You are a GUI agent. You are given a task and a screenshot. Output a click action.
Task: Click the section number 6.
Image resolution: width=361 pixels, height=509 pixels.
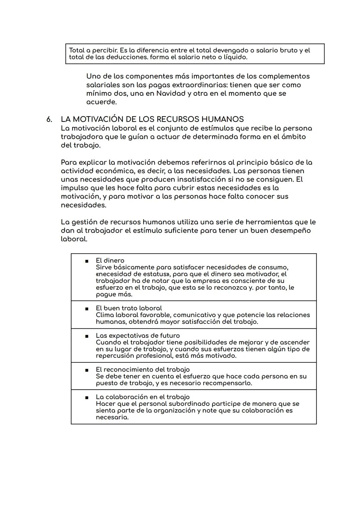(x=49, y=119)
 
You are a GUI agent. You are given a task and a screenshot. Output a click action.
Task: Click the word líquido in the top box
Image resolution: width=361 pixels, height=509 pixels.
(x=235, y=57)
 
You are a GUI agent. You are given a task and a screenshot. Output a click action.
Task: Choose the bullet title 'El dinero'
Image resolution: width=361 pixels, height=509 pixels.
(x=110, y=261)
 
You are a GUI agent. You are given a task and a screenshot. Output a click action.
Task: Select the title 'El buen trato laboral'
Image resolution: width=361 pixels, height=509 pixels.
(x=129, y=308)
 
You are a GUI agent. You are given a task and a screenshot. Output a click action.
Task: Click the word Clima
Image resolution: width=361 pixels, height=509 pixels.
(x=105, y=315)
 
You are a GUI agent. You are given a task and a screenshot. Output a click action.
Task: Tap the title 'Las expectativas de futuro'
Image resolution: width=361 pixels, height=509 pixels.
(x=138, y=336)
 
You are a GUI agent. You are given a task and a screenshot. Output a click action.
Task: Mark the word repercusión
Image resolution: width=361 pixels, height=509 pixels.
(x=115, y=356)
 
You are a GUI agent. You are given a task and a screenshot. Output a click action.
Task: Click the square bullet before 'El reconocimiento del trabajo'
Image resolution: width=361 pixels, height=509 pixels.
(x=87, y=370)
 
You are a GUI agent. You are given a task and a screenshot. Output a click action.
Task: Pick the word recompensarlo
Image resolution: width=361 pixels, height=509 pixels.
(x=227, y=383)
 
